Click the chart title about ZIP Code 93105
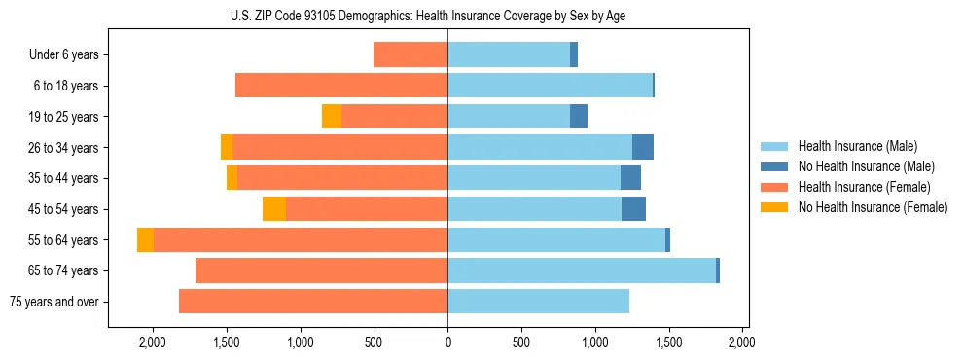(447, 15)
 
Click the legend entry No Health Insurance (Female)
(873, 207)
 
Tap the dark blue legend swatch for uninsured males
(774, 166)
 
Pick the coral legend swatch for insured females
(774, 187)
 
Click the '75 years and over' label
(54, 302)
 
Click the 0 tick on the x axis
(447, 342)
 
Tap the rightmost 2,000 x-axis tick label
(742, 342)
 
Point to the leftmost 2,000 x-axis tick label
(153, 342)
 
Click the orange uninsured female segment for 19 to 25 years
(332, 117)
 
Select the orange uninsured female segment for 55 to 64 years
(145, 240)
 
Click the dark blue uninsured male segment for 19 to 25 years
(579, 117)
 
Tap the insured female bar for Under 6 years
(410, 55)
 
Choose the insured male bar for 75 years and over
(538, 302)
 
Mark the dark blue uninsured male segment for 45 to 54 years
(633, 209)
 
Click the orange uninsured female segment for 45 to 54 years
(274, 209)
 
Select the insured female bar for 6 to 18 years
(341, 86)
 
